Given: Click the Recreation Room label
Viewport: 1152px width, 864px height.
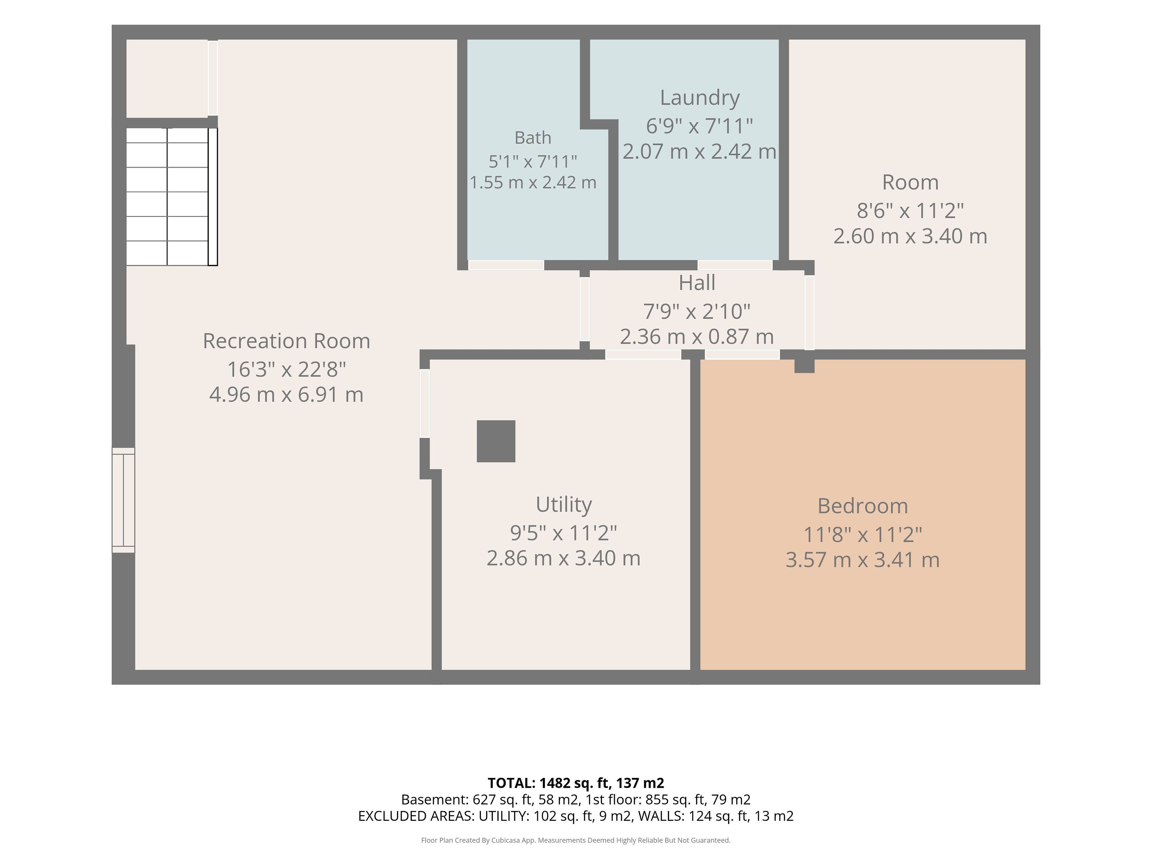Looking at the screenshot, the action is tap(286, 341).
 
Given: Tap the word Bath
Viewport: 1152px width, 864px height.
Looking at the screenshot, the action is tap(533, 138).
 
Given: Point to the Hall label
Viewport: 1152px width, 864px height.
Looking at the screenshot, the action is tap(697, 283).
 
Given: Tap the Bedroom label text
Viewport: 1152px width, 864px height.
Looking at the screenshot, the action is tap(862, 506).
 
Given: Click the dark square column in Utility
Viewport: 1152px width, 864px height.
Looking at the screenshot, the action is tap(496, 441).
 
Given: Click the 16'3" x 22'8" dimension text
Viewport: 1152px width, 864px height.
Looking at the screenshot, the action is tap(286, 369).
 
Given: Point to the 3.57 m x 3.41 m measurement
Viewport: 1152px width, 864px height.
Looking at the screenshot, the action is tap(862, 560).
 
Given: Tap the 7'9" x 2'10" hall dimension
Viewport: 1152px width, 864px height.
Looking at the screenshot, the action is tap(697, 311).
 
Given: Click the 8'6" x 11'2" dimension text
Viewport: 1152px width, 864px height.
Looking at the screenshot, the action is tap(910, 211).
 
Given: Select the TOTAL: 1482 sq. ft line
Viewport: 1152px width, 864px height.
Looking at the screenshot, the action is tap(576, 783).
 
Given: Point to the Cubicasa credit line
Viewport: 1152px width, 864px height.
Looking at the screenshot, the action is tap(576, 840).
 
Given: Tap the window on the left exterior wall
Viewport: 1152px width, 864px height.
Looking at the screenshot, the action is tap(124, 500).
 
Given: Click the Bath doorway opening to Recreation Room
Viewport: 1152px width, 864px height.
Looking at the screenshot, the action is tap(506, 265).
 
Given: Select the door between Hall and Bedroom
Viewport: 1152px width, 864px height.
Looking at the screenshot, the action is tap(742, 355).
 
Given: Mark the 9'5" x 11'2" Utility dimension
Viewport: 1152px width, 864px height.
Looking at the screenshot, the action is tap(564, 533).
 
